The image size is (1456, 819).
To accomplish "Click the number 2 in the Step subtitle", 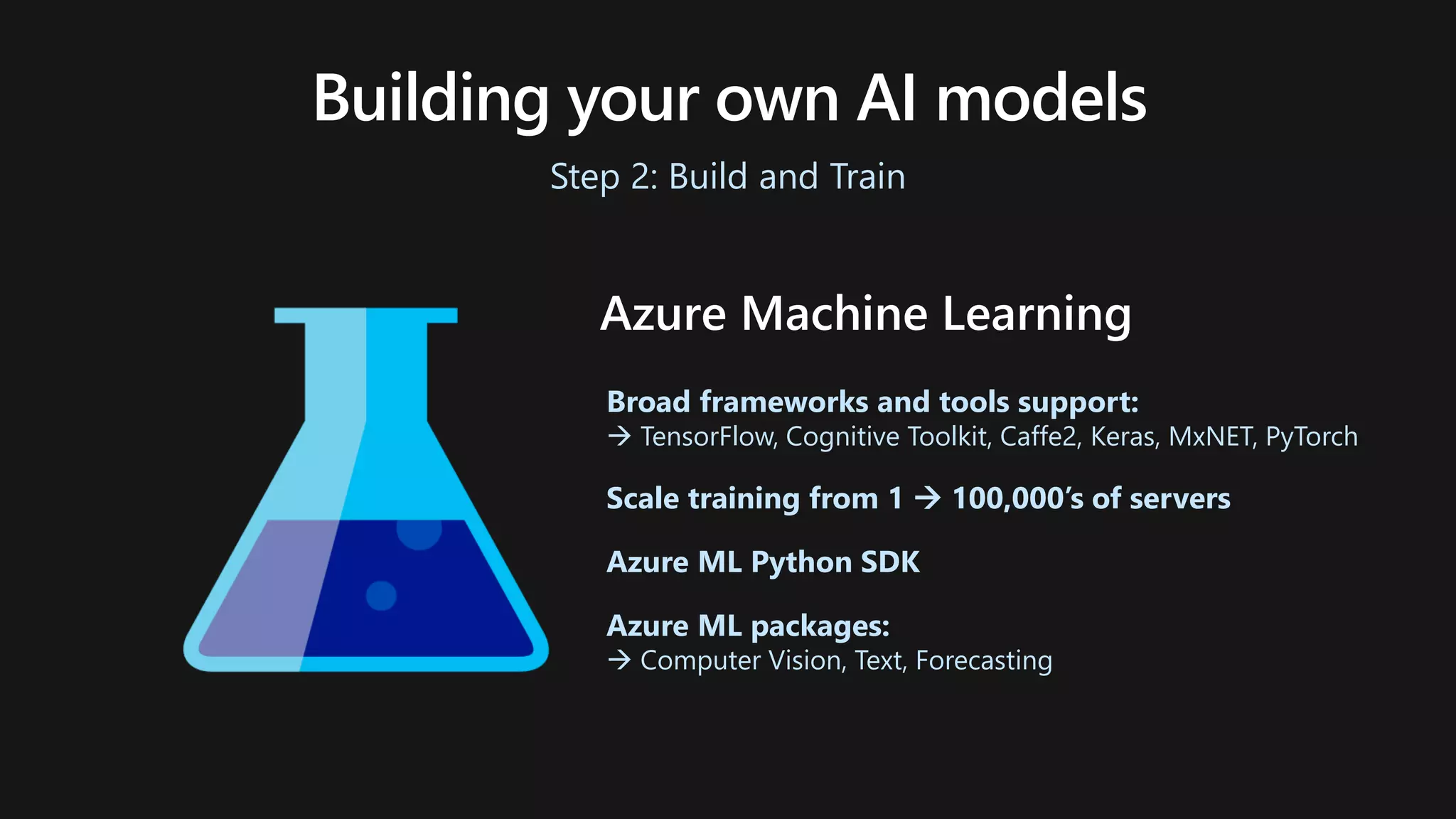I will click(643, 176).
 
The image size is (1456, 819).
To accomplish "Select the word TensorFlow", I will click(708, 437).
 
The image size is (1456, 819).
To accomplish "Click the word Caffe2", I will click(1039, 437).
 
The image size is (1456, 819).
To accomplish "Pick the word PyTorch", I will click(1312, 437).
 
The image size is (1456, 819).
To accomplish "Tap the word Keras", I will click(1125, 437).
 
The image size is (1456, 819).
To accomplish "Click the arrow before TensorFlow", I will click(619, 437).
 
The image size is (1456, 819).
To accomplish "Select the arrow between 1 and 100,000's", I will click(927, 498).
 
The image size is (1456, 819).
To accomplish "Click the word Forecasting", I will click(983, 660).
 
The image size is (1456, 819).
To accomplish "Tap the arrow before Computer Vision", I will click(619, 660).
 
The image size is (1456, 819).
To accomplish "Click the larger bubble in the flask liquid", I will click(419, 532).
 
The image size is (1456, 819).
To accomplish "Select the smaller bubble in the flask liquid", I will click(381, 596).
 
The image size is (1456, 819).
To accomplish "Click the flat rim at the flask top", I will click(365, 315).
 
